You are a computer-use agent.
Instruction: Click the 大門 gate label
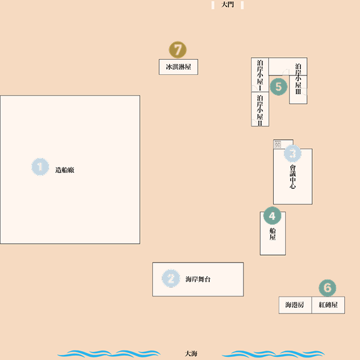pyautogui.click(x=227, y=4)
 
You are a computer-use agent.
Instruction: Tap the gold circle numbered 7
pyautogui.click(x=177, y=50)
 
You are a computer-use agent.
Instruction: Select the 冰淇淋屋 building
pyautogui.click(x=178, y=67)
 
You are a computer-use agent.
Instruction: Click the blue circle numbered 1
pyautogui.click(x=40, y=167)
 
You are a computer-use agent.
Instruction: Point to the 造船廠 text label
pyautogui.click(x=65, y=170)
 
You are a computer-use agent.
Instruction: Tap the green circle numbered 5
pyautogui.click(x=278, y=87)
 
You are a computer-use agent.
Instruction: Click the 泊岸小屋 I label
pyautogui.click(x=260, y=75)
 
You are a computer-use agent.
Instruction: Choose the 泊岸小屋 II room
pyautogui.click(x=260, y=109)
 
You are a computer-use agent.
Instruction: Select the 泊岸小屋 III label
pyautogui.click(x=298, y=79)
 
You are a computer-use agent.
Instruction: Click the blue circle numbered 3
pyautogui.click(x=293, y=154)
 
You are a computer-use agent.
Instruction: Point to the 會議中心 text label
pyautogui.click(x=293, y=177)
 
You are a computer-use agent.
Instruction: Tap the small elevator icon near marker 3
pyautogui.click(x=278, y=144)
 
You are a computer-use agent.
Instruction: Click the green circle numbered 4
pyautogui.click(x=273, y=216)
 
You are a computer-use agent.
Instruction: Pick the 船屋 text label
pyautogui.click(x=273, y=234)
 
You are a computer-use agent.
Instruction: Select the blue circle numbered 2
pyautogui.click(x=171, y=278)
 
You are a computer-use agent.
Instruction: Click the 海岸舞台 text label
pyautogui.click(x=198, y=279)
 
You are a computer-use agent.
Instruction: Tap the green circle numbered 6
pyautogui.click(x=327, y=288)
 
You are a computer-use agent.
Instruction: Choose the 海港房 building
pyautogui.click(x=295, y=305)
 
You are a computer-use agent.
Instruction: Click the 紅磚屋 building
pyautogui.click(x=328, y=305)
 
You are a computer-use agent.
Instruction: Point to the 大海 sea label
pyautogui.click(x=191, y=354)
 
